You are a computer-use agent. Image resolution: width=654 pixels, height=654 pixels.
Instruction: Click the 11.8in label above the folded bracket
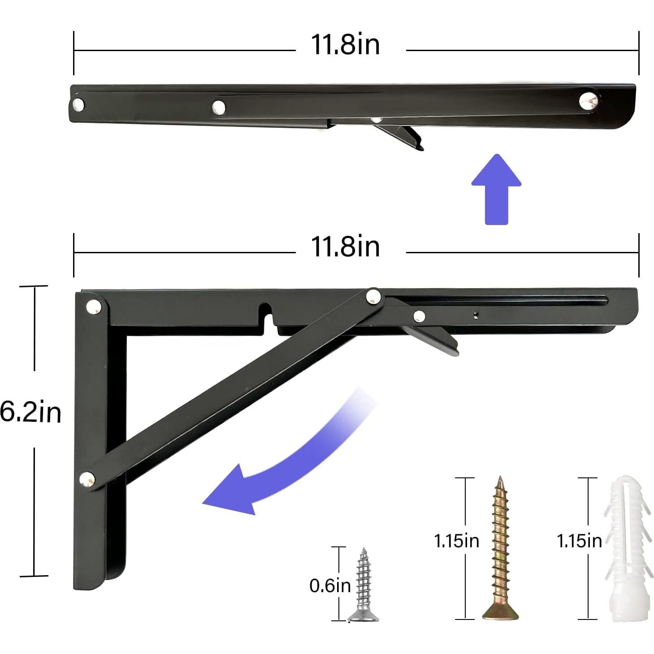pyautogui.click(x=345, y=45)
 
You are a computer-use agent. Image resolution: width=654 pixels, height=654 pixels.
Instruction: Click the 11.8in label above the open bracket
pyautogui.click(x=345, y=247)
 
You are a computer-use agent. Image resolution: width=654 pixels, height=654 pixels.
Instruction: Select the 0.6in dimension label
pyautogui.click(x=330, y=585)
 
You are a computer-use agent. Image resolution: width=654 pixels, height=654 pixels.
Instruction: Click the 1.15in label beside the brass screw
pyautogui.click(x=456, y=541)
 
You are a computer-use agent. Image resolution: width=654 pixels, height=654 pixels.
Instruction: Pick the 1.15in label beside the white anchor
pyautogui.click(x=579, y=541)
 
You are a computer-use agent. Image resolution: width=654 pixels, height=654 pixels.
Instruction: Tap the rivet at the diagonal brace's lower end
pyautogui.click(x=87, y=480)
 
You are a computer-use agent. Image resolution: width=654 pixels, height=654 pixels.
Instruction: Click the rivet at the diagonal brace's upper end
pyautogui.click(x=373, y=296)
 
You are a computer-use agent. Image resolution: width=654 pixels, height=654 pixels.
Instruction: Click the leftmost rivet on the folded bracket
pyautogui.click(x=78, y=104)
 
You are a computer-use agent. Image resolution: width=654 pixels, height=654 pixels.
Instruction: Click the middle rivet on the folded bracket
pyautogui.click(x=219, y=107)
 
